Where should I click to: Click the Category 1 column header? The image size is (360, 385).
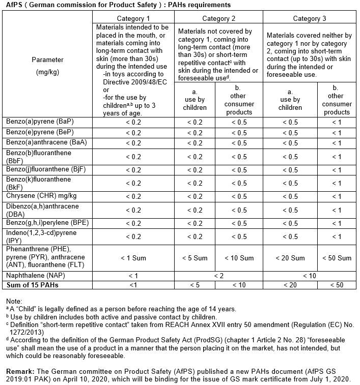click(x=133, y=19)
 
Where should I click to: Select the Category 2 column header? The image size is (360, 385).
click(x=219, y=19)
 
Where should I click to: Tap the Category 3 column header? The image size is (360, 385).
click(x=310, y=19)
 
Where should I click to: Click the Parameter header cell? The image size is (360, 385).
click(x=47, y=66)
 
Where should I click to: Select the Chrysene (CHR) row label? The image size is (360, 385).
click(x=36, y=196)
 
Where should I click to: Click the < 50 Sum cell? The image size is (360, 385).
click(x=337, y=258)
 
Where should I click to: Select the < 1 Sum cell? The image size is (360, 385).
click(x=133, y=258)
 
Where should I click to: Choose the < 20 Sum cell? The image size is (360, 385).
click(x=291, y=258)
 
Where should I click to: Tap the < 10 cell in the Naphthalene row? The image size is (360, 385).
click(x=310, y=275)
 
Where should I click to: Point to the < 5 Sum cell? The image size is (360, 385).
click(x=195, y=258)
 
